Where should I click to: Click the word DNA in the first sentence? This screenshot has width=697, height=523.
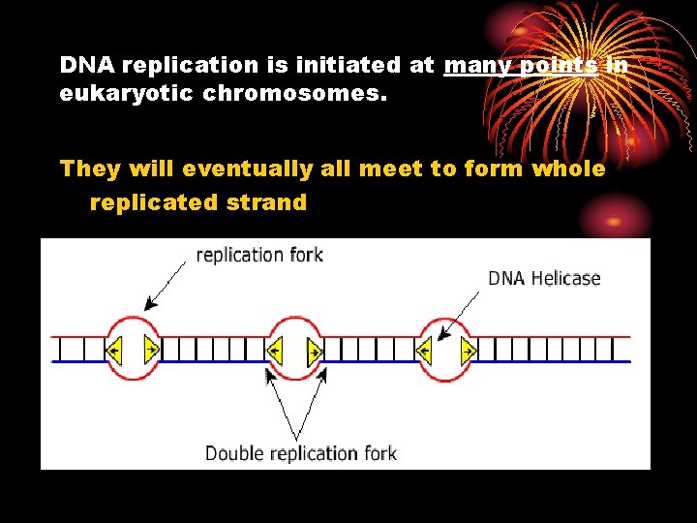click(x=84, y=66)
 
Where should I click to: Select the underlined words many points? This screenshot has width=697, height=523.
click(x=520, y=66)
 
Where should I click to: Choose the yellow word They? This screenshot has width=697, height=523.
click(x=89, y=169)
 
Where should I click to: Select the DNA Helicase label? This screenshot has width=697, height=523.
click(x=544, y=279)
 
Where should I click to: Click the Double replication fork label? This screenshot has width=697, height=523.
click(x=300, y=453)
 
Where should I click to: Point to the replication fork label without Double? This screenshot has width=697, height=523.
click(x=259, y=256)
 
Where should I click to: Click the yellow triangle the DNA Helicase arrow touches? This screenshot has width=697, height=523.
click(x=425, y=349)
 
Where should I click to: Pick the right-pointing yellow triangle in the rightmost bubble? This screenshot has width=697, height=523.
click(x=469, y=349)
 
